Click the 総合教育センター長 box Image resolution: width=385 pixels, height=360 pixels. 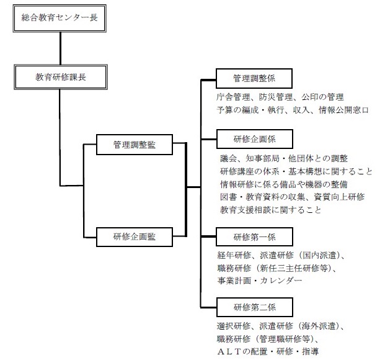point(60,19)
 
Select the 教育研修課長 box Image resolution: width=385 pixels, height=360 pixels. point(61,77)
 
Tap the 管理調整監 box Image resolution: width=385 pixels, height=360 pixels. point(135,145)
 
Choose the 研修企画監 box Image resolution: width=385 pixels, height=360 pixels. point(135,237)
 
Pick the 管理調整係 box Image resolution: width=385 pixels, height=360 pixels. point(254,78)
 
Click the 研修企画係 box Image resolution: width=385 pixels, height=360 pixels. point(255,139)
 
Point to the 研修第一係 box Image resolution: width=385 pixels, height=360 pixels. point(254,237)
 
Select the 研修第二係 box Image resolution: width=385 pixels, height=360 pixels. point(255,307)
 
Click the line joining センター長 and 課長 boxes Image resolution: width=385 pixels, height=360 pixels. point(60,48)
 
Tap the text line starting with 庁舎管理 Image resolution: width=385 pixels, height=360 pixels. point(280,97)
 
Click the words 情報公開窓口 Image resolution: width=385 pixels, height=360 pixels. point(343,110)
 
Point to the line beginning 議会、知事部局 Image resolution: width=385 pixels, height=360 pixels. point(284,158)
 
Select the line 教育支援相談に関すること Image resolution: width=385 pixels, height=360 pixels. point(270,210)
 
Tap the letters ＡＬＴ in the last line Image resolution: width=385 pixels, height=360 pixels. point(229,351)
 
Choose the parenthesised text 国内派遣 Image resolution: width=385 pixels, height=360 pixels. point(319,255)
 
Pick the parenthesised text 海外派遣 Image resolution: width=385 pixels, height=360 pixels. point(319,326)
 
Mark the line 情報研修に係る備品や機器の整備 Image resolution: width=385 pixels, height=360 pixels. point(284,184)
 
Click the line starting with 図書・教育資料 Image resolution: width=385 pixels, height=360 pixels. point(292,197)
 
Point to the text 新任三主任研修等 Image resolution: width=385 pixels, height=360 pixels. point(294,268)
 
